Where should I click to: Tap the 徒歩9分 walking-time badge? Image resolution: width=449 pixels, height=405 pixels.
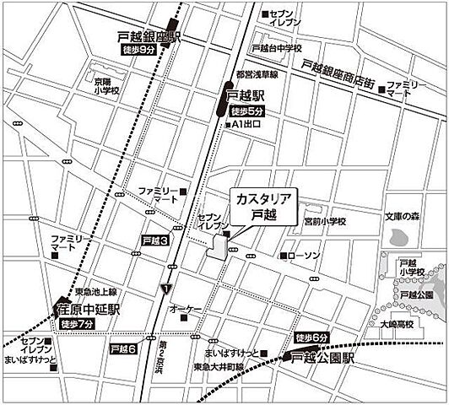(x=135, y=51)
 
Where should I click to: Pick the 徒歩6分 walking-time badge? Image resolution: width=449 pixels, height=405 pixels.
(x=310, y=339)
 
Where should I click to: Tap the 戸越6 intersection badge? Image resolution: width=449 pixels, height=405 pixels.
(x=123, y=347)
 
